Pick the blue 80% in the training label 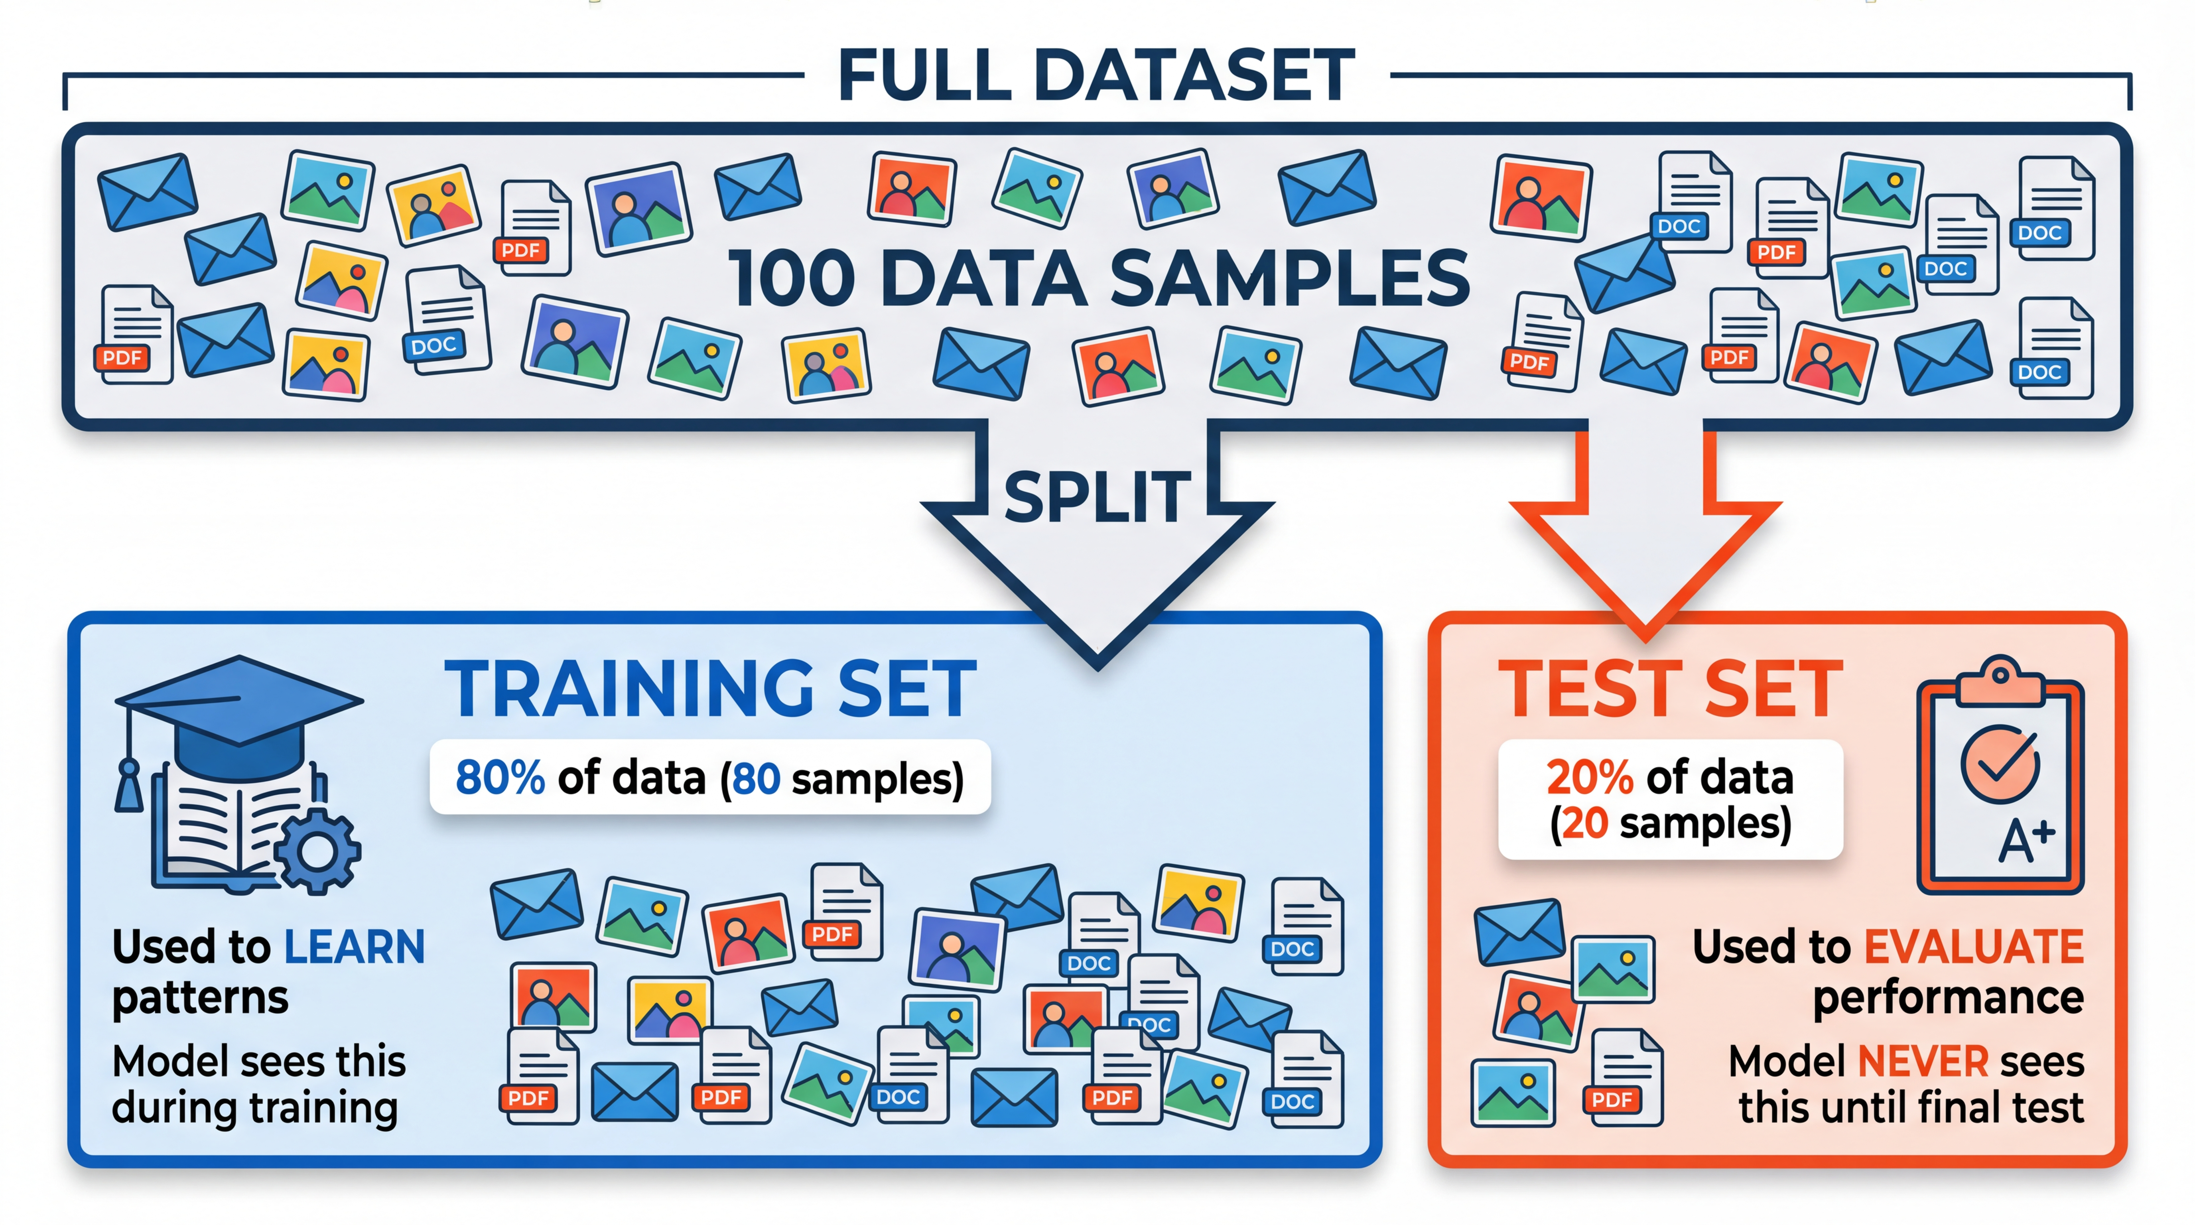pyautogui.click(x=500, y=778)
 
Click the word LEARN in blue pyautogui.click(x=354, y=947)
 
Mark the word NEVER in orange pyautogui.click(x=1922, y=1062)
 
